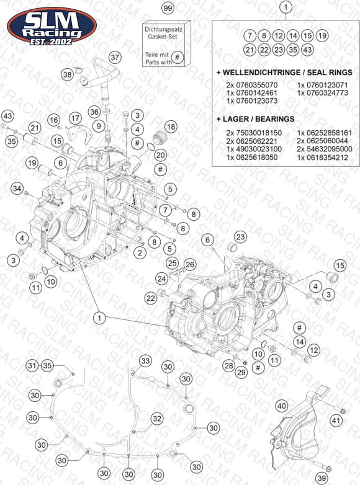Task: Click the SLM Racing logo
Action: pos(52,27)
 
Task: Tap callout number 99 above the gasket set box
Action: pos(168,7)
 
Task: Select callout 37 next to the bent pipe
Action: pos(115,57)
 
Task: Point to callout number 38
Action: pos(67,74)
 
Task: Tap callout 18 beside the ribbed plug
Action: pos(171,126)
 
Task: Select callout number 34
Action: pos(17,189)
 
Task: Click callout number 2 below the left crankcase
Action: pos(140,252)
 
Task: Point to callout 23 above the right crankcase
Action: pos(240,237)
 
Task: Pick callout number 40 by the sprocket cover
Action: pos(281,406)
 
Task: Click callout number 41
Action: pos(336,420)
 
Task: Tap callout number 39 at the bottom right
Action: pos(322,478)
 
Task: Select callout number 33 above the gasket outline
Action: pos(145,361)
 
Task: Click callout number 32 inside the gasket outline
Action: pos(157,419)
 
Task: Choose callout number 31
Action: pos(32,365)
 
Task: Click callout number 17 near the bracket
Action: pos(75,118)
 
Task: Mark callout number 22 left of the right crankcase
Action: pos(151,298)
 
